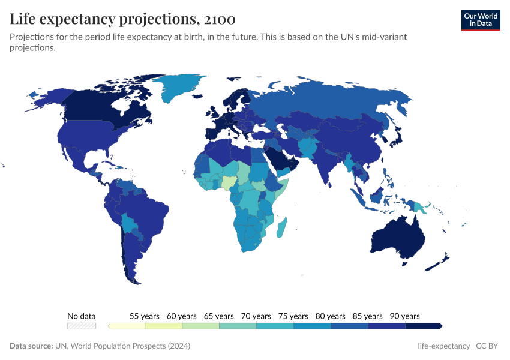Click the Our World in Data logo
click(480, 20)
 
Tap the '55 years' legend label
click(145, 316)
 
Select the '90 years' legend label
click(405, 316)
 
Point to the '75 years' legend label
click(293, 316)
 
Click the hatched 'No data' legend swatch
click(82, 326)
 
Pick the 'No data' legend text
click(82, 316)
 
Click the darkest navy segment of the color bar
click(423, 326)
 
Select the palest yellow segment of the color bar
click(127, 326)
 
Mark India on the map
click(328, 165)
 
